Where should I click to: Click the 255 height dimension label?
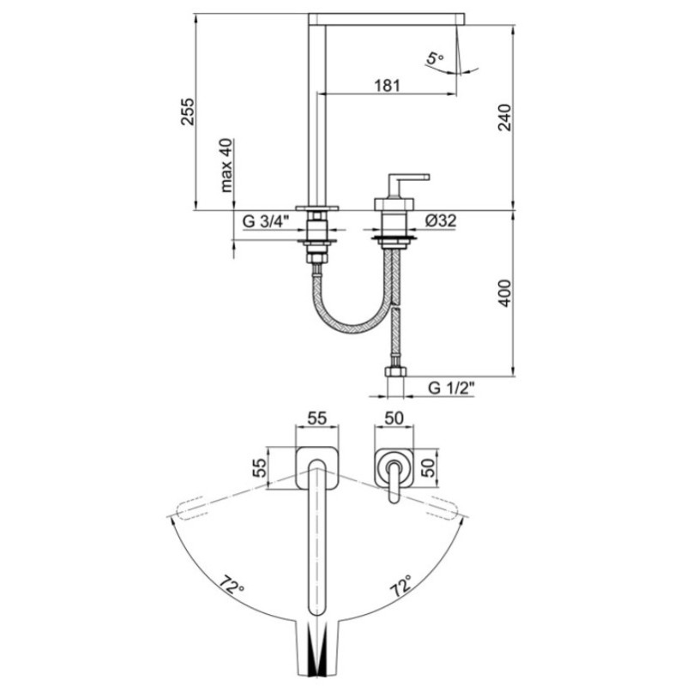click(x=188, y=111)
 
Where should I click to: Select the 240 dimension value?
click(x=504, y=117)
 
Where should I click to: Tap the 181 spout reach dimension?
click(x=388, y=85)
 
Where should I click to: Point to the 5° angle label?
click(x=435, y=58)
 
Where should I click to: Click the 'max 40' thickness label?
click(x=226, y=165)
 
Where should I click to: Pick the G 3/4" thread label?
click(x=266, y=221)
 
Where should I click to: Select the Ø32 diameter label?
click(x=441, y=220)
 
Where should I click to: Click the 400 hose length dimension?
click(x=504, y=293)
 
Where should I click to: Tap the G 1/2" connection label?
click(x=451, y=388)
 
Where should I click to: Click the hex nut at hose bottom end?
click(x=395, y=372)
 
